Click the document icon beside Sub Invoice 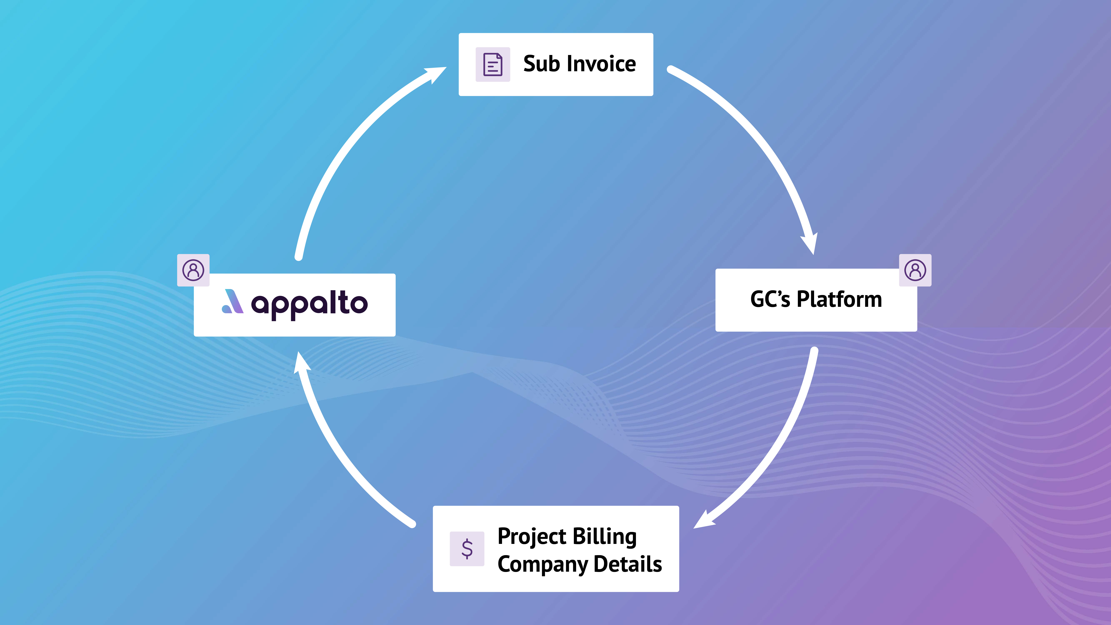493,64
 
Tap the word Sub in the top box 541,64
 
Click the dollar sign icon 467,549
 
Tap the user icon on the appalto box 193,270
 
